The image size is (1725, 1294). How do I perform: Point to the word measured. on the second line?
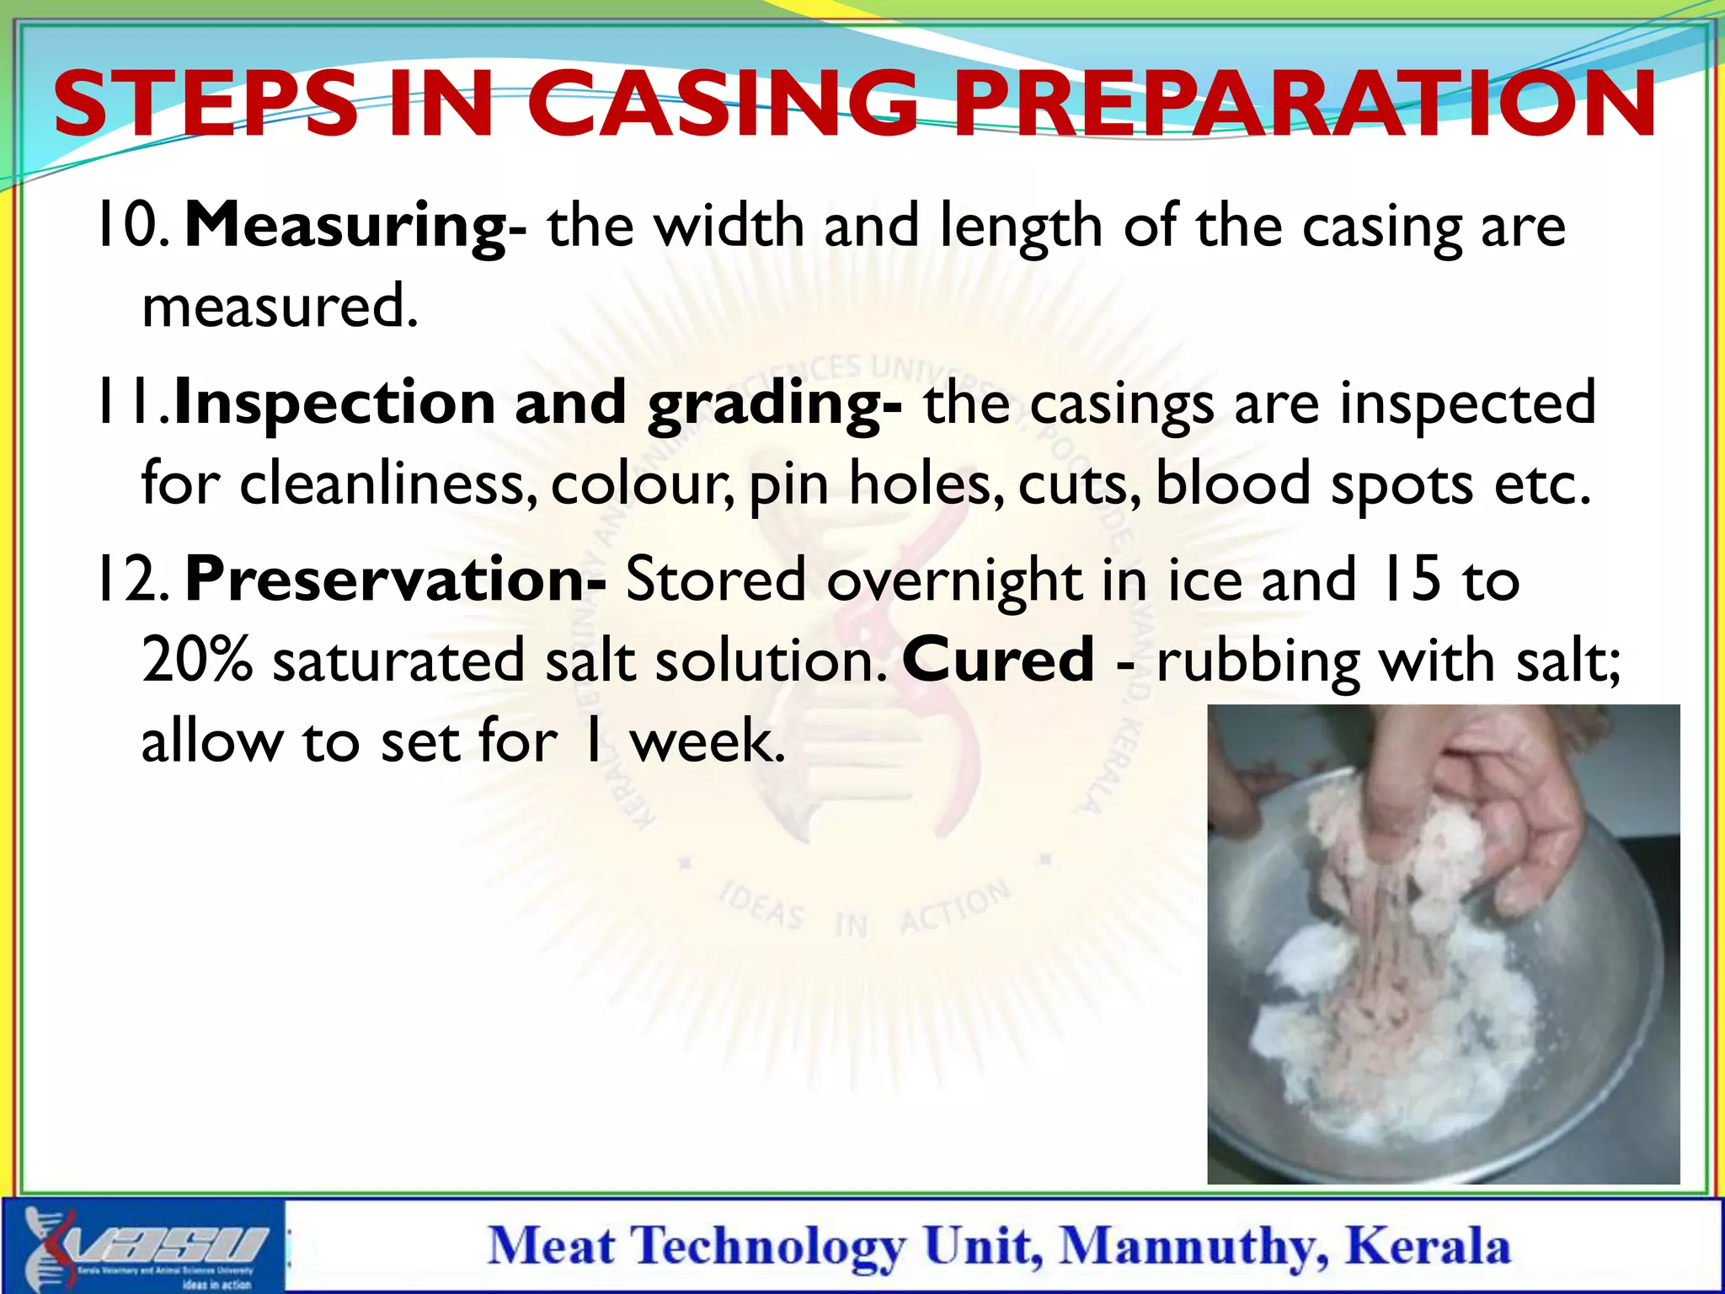click(280, 307)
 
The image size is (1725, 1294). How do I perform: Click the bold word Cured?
click(998, 660)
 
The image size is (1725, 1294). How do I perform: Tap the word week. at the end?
click(708, 741)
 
